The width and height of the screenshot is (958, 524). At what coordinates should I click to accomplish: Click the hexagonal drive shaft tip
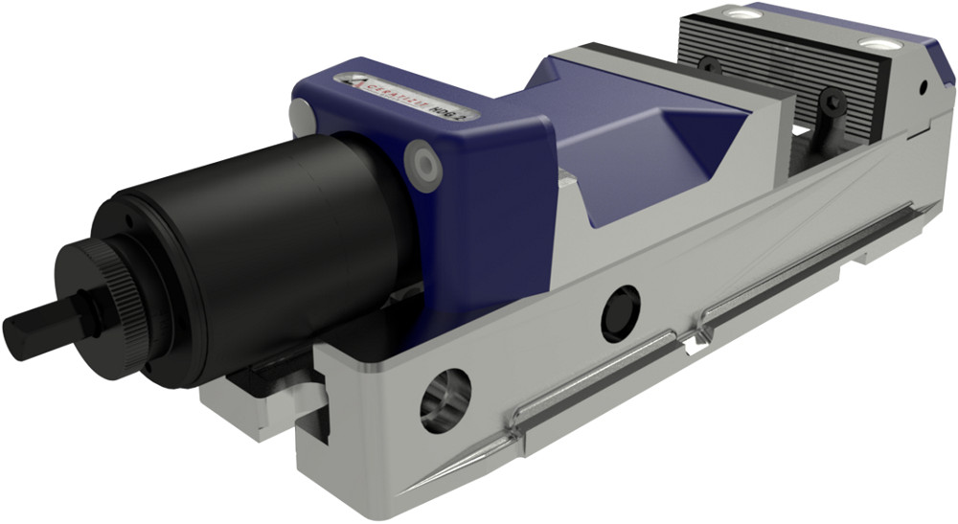(29, 329)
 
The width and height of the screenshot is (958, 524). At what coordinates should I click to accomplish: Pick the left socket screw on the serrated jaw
(710, 66)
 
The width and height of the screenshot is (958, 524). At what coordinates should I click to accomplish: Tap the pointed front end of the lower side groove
(402, 490)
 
